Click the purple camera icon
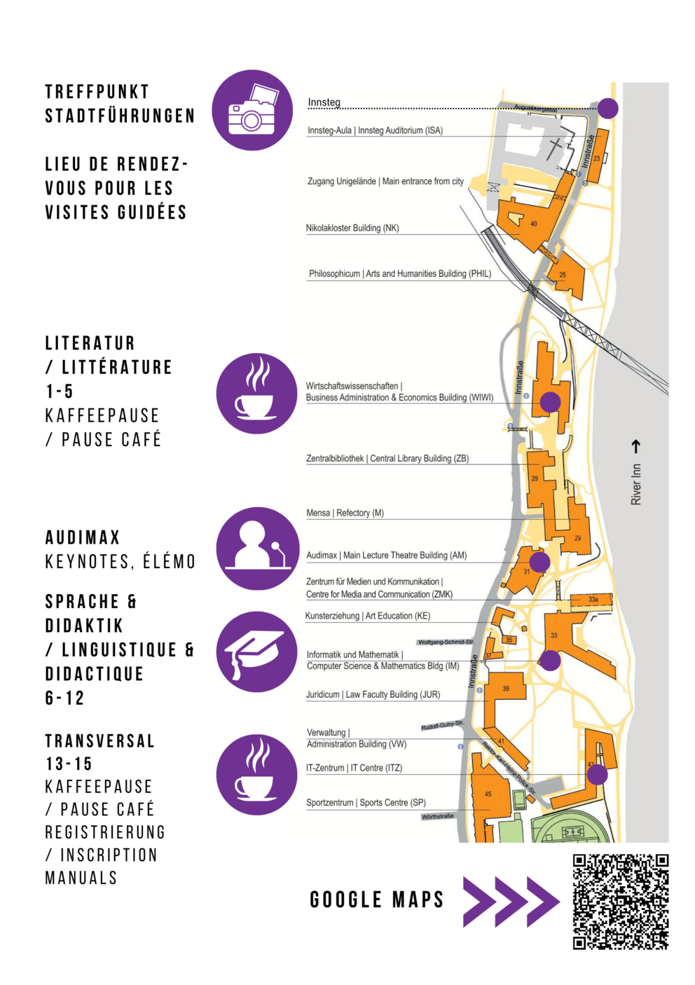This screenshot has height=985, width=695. click(252, 110)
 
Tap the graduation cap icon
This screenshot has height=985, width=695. click(256, 652)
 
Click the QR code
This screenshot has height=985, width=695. click(621, 902)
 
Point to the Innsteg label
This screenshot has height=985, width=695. click(324, 102)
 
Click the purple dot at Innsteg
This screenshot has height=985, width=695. click(608, 109)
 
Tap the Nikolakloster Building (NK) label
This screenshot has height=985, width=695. click(352, 228)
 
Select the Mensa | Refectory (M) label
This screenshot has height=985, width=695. click(345, 514)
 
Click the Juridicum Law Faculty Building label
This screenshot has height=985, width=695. click(373, 695)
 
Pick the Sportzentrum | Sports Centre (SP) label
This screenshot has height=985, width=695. click(366, 803)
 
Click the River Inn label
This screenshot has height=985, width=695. click(636, 484)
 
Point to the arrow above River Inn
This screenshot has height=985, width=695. click(636, 446)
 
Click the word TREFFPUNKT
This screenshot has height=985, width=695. click(97, 92)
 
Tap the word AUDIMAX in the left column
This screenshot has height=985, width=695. click(83, 538)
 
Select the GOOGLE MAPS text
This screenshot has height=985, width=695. click(377, 900)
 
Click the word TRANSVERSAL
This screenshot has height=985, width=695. click(99, 741)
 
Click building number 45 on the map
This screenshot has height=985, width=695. click(488, 794)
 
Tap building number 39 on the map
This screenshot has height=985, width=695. click(506, 689)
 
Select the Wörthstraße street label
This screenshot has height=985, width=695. click(438, 816)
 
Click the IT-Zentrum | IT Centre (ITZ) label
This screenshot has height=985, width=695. click(354, 769)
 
